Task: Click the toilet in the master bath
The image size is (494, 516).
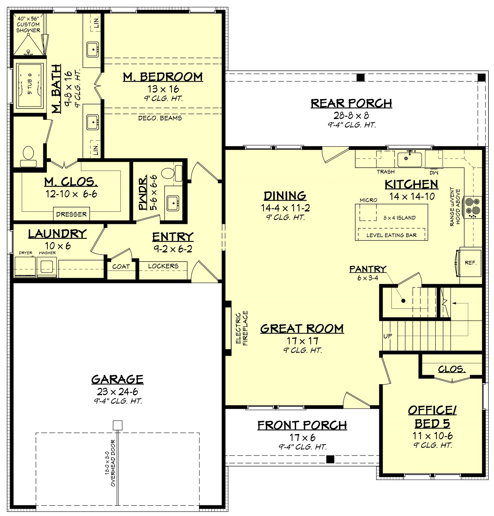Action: (x=28, y=156)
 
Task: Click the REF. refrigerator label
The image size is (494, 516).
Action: (x=470, y=262)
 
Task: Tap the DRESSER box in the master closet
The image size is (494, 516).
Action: (x=71, y=214)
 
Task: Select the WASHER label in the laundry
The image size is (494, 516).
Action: (x=47, y=253)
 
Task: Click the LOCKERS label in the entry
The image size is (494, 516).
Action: (x=163, y=266)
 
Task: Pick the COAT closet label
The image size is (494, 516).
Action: (x=121, y=267)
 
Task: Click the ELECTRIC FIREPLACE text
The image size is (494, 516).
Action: (x=242, y=328)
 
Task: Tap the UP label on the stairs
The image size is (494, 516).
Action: (x=388, y=336)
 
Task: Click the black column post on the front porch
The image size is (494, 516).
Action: (x=330, y=459)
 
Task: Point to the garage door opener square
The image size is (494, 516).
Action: (x=117, y=425)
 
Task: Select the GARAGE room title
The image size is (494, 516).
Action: (x=117, y=379)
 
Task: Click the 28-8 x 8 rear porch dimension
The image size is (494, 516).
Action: (x=351, y=115)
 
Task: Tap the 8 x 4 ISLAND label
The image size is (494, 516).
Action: (x=399, y=218)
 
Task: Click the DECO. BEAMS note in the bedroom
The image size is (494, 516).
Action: (x=160, y=118)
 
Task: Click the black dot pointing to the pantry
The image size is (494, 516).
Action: (x=403, y=301)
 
